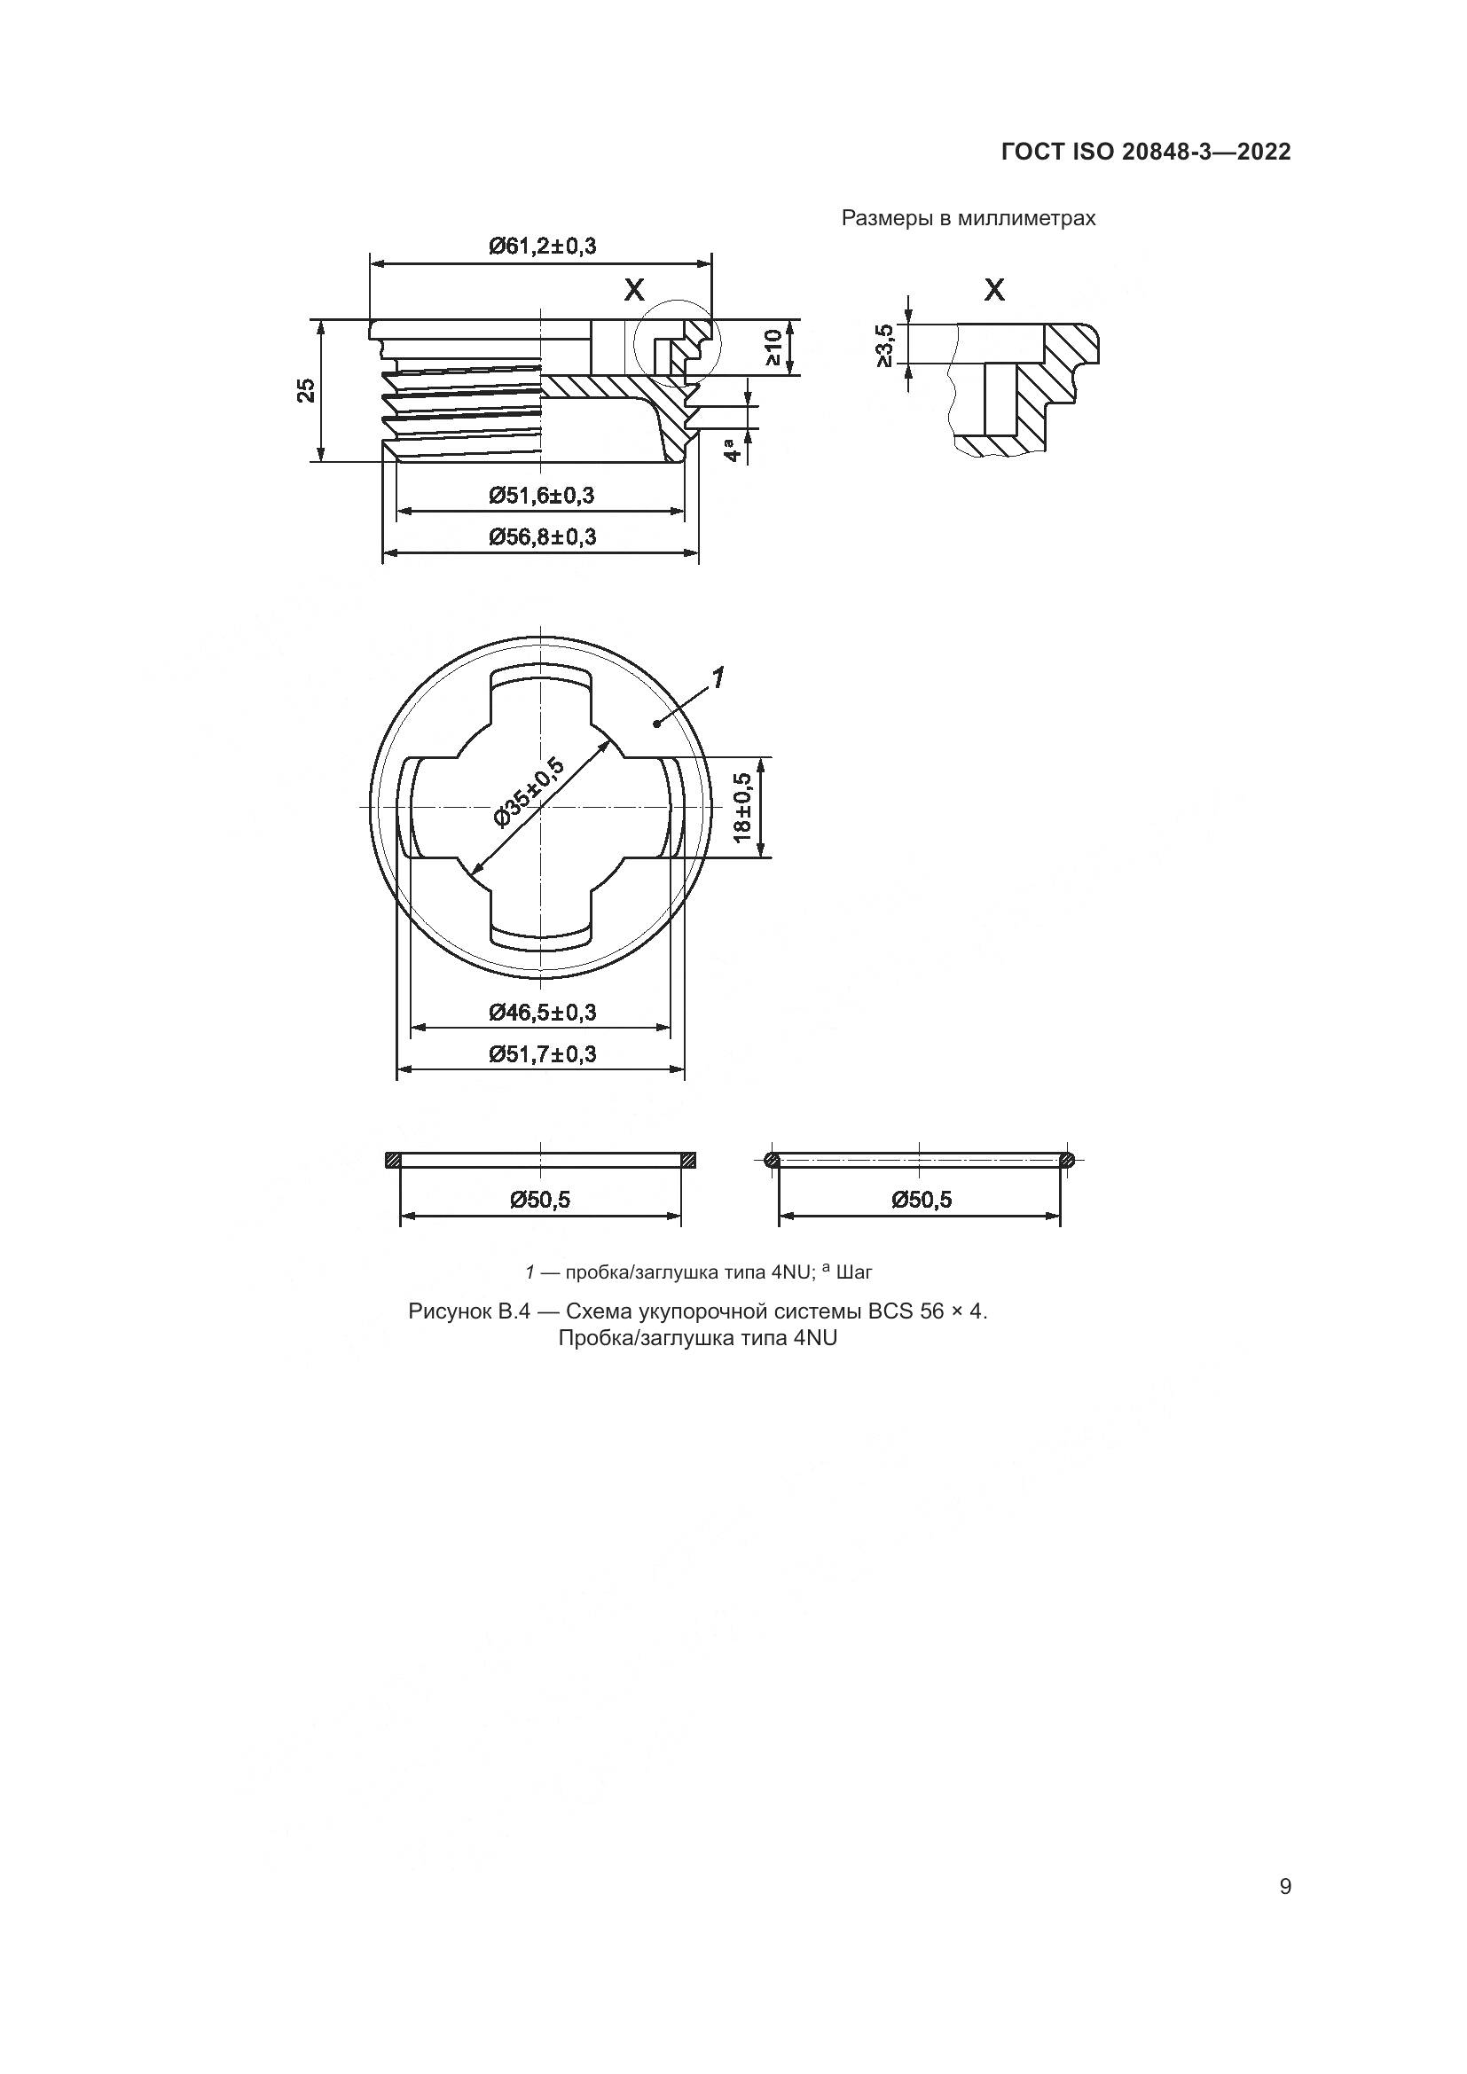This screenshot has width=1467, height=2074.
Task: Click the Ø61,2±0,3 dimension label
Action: coord(542,246)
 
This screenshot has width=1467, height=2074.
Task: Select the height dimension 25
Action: coord(307,390)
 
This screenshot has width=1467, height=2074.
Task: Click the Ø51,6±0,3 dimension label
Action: coord(542,495)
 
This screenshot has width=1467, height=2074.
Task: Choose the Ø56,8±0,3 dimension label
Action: coord(542,537)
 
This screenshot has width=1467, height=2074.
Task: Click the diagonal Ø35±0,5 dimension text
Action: coord(530,792)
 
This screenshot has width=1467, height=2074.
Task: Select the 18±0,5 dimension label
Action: coord(742,808)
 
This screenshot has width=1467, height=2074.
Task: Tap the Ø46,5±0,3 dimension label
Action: coord(542,1012)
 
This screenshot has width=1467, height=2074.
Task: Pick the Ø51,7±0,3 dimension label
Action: coord(542,1054)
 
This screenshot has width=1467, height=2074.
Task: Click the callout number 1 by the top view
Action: coord(718,677)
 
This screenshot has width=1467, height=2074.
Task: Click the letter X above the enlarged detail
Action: coord(993,290)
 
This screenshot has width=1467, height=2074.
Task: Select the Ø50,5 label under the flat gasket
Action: coord(540,1200)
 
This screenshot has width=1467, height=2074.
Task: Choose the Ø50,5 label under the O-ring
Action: coord(921,1200)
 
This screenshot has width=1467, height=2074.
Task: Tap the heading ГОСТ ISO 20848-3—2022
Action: coord(1145,152)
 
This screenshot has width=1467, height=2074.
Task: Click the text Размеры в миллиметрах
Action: coord(969,219)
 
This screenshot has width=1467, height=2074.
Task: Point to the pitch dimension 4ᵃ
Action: coord(735,447)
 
